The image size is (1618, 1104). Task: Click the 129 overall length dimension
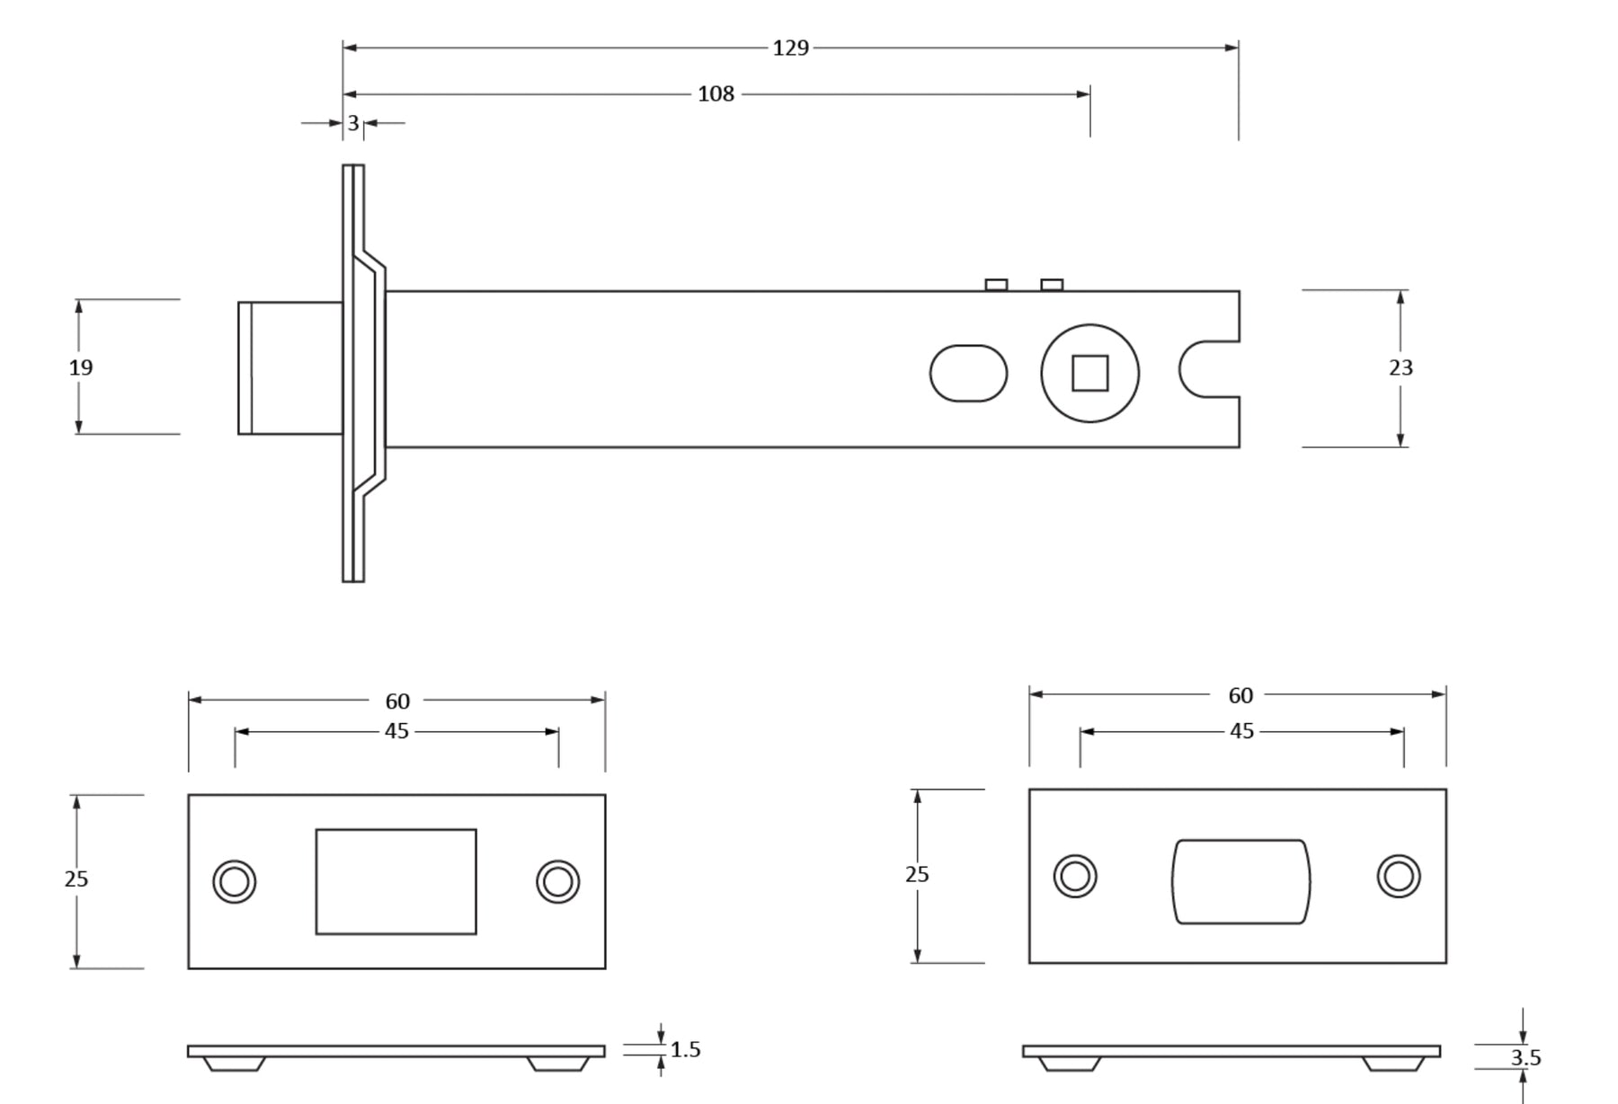pos(790,48)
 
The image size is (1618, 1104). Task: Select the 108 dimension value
pos(716,94)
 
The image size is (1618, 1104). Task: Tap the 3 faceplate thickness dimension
pos(353,123)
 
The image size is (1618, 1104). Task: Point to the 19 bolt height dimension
pos(81,367)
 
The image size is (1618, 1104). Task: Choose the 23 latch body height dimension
pos(1400,367)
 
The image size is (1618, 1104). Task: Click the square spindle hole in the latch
pos(1089,373)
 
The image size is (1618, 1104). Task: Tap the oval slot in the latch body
pos(968,373)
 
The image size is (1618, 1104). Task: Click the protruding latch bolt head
pos(289,368)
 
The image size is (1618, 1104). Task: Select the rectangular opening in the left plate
pos(396,881)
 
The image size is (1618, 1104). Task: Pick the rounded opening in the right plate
pos(1240,881)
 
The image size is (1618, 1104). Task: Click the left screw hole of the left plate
pos(235,881)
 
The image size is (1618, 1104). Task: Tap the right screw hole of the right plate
pos(1399,876)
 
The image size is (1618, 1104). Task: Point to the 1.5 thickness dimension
pos(685,1049)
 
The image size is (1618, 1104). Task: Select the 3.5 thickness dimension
pos(1525,1058)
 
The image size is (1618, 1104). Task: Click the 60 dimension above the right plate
pos(1240,695)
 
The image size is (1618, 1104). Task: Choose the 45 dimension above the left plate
pos(396,731)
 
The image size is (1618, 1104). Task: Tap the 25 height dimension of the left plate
pos(76,879)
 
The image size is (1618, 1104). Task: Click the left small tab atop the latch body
pos(996,285)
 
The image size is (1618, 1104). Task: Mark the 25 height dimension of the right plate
pos(917,874)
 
